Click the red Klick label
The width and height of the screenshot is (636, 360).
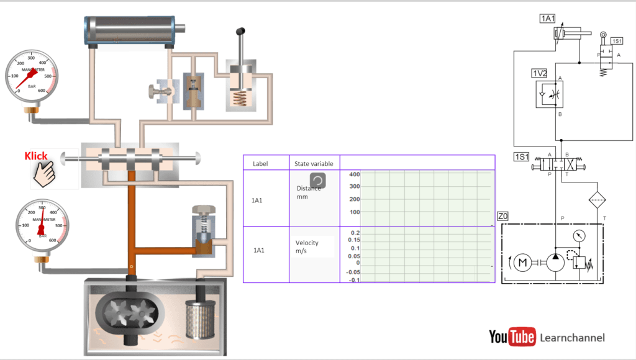click(x=36, y=156)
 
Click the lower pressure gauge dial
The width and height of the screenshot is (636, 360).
click(x=42, y=225)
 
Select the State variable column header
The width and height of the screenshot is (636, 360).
click(x=314, y=164)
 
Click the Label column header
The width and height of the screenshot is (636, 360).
click(x=260, y=164)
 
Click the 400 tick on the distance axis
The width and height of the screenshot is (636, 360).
click(x=354, y=174)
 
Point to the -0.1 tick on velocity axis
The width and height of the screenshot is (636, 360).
click(x=353, y=280)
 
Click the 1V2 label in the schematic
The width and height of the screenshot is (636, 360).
click(x=539, y=73)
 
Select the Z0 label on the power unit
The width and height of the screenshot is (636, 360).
click(x=503, y=216)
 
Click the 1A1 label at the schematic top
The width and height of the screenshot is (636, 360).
click(x=547, y=19)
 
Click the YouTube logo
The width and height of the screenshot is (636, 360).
click(x=512, y=337)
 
